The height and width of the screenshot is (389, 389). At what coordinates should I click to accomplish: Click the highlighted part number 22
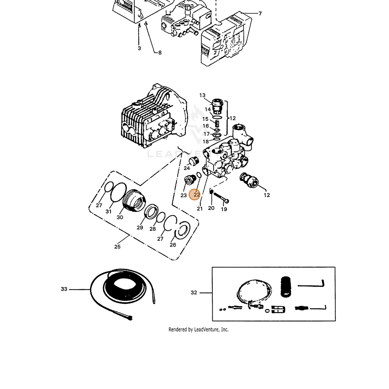tap(196, 194)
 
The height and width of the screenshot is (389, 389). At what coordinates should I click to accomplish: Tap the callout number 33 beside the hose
tap(64, 289)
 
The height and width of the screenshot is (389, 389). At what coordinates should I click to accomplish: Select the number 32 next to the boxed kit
tap(194, 292)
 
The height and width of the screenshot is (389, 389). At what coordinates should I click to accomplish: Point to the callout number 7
tap(260, 14)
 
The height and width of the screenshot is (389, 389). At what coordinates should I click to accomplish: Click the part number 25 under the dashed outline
tap(117, 246)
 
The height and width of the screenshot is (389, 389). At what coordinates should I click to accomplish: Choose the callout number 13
tap(202, 95)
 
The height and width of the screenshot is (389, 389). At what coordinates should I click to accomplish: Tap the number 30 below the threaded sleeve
tap(120, 217)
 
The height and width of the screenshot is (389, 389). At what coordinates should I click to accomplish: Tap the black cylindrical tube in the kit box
tap(286, 287)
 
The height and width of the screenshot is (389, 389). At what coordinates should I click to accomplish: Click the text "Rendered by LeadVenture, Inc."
tap(198, 329)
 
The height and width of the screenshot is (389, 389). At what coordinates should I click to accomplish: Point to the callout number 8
tap(160, 53)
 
